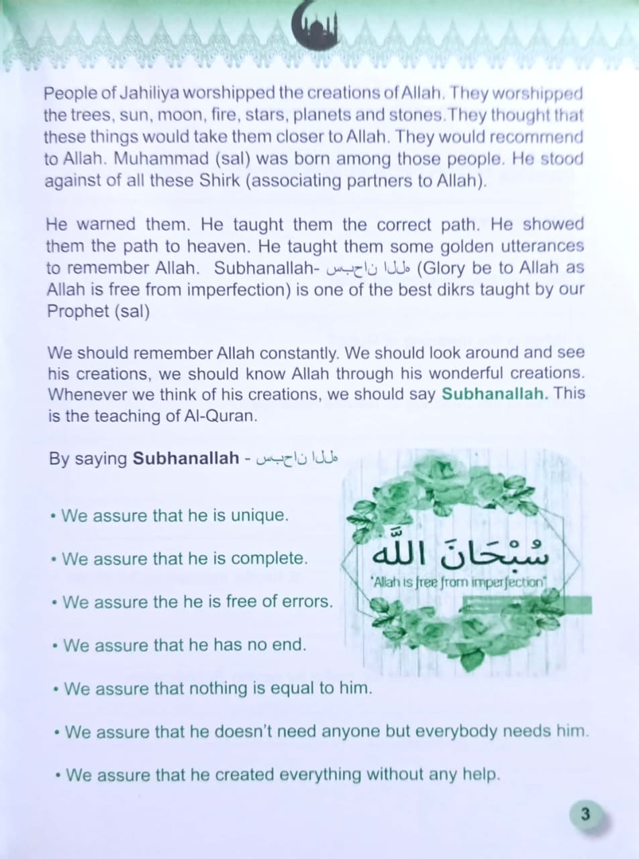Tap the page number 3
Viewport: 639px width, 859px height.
[585, 815]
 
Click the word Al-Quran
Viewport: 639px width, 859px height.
[220, 416]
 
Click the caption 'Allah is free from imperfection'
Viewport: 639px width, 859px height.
[458, 582]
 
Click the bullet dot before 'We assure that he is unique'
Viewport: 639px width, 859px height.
[53, 517]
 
